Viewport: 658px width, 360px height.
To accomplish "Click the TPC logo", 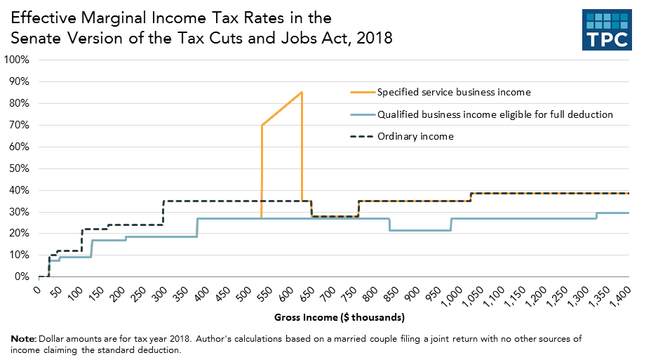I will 607,31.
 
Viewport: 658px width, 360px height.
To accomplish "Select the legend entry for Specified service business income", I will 453,92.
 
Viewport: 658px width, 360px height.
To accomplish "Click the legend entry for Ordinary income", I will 415,136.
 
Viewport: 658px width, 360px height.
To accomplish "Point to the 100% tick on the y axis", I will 16,60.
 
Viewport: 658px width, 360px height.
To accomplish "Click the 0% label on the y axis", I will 21,277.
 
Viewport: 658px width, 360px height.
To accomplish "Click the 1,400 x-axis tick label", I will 620,295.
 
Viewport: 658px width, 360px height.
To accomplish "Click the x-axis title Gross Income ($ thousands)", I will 339,318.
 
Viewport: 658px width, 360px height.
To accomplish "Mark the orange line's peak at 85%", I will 302,92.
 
